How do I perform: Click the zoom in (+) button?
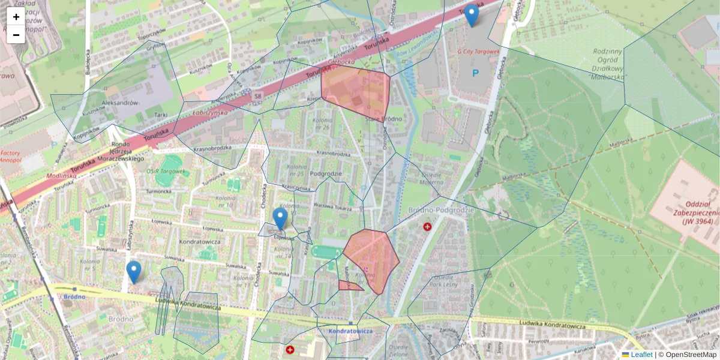click(x=16, y=17)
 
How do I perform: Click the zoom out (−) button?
click(x=16, y=35)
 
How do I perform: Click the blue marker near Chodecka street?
click(x=280, y=219)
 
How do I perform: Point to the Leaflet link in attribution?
click(x=641, y=355)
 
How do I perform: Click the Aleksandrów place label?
click(x=120, y=103)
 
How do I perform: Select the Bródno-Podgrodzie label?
click(x=441, y=210)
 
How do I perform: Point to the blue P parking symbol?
click(x=476, y=73)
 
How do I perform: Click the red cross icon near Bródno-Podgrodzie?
click(x=427, y=227)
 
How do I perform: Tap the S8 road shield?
click(x=257, y=95)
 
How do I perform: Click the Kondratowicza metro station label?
click(x=351, y=331)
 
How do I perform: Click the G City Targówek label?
click(x=478, y=52)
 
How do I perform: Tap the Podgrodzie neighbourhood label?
click(x=327, y=174)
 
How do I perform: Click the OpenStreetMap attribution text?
click(x=691, y=355)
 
